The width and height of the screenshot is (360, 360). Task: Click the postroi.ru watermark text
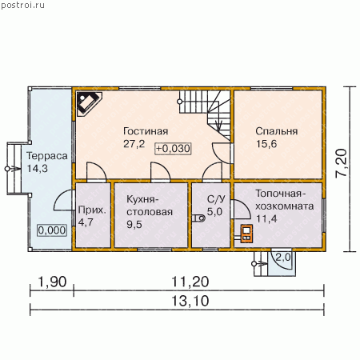(x=22, y=5)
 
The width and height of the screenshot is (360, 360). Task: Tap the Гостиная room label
(x=146, y=131)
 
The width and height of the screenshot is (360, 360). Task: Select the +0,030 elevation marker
(x=173, y=149)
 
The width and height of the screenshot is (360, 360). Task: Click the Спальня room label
(x=277, y=131)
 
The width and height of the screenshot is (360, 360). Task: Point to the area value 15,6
(x=266, y=144)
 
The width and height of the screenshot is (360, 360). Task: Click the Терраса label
(x=47, y=156)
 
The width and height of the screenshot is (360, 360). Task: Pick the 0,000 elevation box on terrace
(x=52, y=230)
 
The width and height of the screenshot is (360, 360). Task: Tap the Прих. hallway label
(x=92, y=210)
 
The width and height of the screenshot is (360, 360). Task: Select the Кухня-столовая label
(x=150, y=206)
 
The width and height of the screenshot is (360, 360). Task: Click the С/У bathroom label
(x=216, y=199)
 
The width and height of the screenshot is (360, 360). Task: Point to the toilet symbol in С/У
(x=198, y=218)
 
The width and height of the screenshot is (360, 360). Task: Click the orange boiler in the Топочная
(x=246, y=234)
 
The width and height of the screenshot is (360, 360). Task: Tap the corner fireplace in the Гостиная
(x=89, y=104)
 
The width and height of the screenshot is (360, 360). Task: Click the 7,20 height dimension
(x=342, y=163)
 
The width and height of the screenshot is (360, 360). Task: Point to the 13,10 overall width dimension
(x=190, y=301)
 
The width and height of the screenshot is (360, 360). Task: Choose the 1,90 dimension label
(x=52, y=282)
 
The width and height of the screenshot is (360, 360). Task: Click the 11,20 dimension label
(x=190, y=282)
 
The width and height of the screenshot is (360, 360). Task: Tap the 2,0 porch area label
(x=283, y=258)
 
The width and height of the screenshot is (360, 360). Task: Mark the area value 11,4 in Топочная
(x=266, y=218)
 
